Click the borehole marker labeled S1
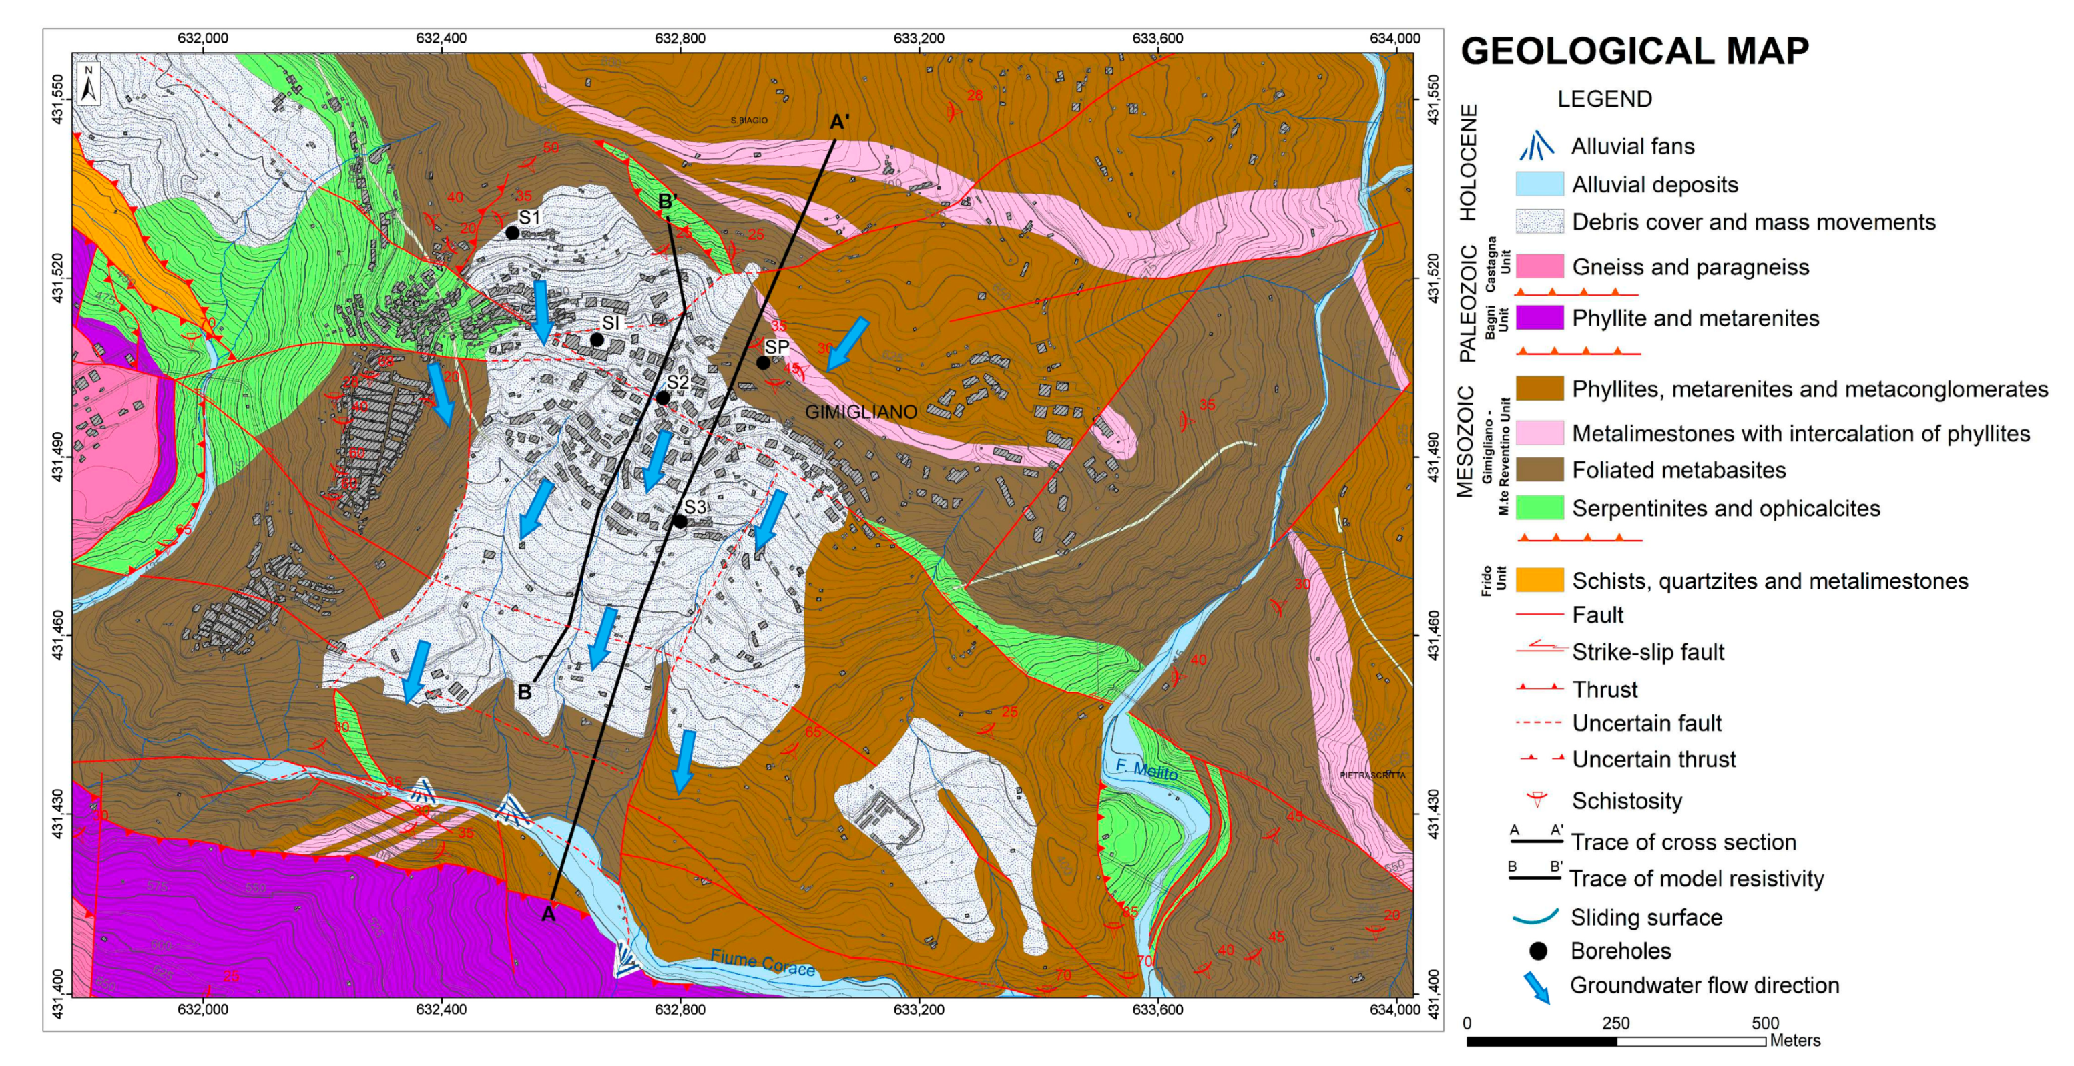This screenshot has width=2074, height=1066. click(512, 233)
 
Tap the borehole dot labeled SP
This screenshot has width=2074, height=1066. click(762, 363)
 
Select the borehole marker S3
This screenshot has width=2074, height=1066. click(680, 522)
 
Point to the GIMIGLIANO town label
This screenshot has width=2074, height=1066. click(860, 411)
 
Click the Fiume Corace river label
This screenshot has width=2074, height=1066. click(762, 963)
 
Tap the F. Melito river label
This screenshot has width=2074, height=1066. click(1147, 770)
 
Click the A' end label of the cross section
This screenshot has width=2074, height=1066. click(839, 122)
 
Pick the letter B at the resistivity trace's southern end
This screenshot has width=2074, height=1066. click(524, 692)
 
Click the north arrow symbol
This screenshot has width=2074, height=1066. click(89, 83)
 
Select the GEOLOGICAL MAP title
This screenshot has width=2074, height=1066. click(1634, 51)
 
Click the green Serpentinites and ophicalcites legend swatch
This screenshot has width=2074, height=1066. click(1539, 508)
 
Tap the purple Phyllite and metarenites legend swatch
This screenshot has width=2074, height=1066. click(1539, 318)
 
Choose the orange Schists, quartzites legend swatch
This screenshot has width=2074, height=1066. click(1539, 581)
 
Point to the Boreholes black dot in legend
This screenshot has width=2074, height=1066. click(1538, 951)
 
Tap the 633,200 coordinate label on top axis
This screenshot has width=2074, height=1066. click(919, 38)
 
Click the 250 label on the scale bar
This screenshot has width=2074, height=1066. click(1615, 1023)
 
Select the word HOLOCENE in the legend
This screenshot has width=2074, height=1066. click(1469, 163)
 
